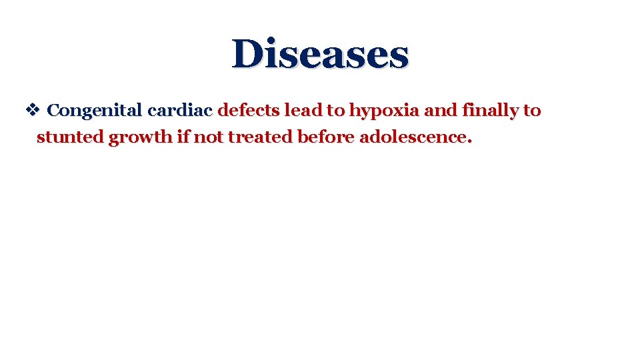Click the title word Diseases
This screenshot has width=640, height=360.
pos(320,54)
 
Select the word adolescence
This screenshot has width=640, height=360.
pos(413,137)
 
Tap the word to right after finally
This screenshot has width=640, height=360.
pos(532,111)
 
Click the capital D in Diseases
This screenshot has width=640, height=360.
pos(248,54)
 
